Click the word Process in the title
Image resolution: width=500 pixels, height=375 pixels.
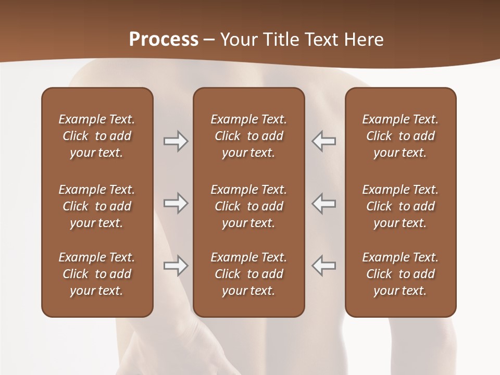164,40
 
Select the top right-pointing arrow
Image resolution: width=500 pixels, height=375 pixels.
176,141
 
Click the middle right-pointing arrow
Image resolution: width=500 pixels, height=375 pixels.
176,203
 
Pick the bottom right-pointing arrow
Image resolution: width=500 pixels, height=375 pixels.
176,266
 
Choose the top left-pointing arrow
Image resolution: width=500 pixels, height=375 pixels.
323,141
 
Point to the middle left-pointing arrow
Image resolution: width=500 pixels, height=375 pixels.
323,203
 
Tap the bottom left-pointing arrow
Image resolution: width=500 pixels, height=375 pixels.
323,266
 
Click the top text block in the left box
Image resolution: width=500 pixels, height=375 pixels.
97,136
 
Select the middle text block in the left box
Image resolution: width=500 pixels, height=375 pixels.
97,206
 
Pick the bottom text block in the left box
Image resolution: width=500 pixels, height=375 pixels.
97,274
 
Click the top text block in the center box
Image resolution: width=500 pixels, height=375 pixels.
249,136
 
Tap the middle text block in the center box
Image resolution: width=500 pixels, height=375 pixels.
249,206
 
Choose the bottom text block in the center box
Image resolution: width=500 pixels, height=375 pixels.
249,274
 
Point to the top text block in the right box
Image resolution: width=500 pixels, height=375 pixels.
401,136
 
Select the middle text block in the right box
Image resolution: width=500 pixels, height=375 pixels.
401,206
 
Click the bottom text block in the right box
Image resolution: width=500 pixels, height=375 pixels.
401,274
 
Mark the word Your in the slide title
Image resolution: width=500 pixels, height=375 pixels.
239,40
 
